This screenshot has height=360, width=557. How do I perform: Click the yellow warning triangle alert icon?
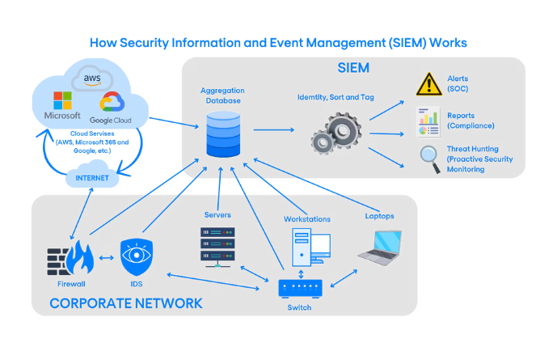[428, 83]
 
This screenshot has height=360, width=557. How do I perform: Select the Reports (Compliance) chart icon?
[428, 121]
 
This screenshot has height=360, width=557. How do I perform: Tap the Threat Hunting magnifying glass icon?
[428, 157]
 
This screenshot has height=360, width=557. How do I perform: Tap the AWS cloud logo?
[95, 78]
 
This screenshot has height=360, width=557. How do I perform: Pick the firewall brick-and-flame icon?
[69, 258]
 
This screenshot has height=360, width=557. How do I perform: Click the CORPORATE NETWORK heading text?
[125, 304]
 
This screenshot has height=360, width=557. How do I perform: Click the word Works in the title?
[446, 42]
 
